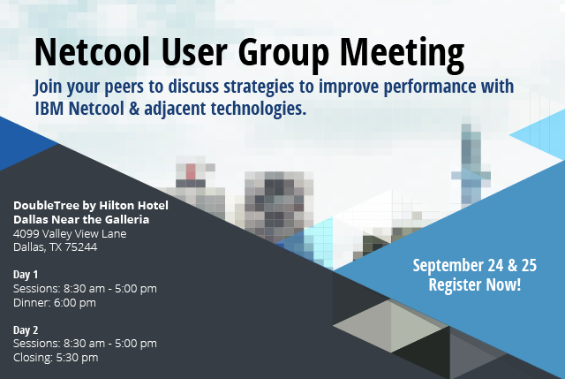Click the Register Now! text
[x=474, y=284]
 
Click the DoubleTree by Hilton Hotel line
[x=90, y=206]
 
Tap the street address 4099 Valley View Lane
[x=70, y=233]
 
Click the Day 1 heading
[x=26, y=275]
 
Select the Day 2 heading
[x=26, y=330]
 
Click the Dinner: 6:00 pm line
[x=55, y=302]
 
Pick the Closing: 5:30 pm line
[x=56, y=357]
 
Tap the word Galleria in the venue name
[x=126, y=219]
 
